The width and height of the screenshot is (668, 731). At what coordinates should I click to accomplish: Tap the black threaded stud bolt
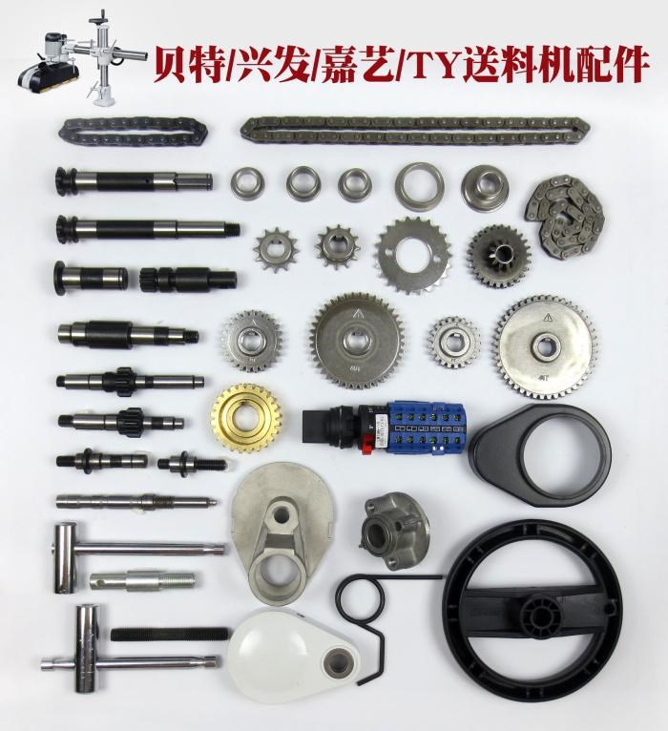point(170,633)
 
